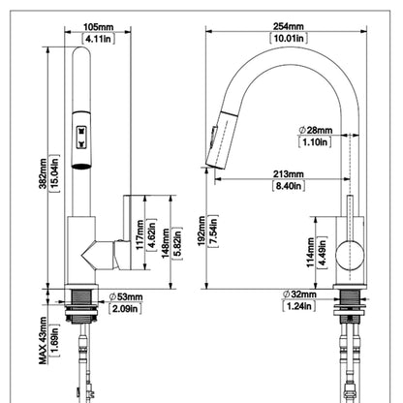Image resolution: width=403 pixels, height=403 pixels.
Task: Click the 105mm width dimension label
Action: tap(98, 27)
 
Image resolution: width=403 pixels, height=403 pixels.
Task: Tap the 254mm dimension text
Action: tap(289, 26)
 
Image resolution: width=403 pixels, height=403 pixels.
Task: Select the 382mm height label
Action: tap(44, 173)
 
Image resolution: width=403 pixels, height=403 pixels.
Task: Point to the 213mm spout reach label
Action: tap(289, 174)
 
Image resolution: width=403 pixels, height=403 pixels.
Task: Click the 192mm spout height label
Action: tap(201, 232)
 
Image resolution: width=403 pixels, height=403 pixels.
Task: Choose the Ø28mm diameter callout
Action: tap(316, 130)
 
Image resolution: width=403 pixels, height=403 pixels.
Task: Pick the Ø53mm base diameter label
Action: tap(126, 296)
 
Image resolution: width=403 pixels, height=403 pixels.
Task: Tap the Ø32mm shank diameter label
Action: tap(299, 294)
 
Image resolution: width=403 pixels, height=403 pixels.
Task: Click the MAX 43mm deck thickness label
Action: tap(43, 340)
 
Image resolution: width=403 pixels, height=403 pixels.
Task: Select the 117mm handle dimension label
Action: tap(139, 234)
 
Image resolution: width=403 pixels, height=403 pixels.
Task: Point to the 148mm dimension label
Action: tap(166, 243)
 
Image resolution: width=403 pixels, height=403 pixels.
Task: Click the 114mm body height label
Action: tap(310, 252)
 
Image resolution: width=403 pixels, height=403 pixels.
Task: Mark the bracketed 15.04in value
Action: tap(55, 173)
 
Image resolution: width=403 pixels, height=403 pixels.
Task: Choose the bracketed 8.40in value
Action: tap(289, 186)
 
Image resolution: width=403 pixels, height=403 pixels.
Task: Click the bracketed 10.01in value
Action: tap(289, 38)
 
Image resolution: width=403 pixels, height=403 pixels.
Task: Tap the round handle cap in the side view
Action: tap(350, 255)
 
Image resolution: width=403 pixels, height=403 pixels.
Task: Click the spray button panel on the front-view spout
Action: tap(81, 137)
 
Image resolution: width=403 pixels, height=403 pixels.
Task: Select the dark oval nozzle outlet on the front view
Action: tap(81, 167)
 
